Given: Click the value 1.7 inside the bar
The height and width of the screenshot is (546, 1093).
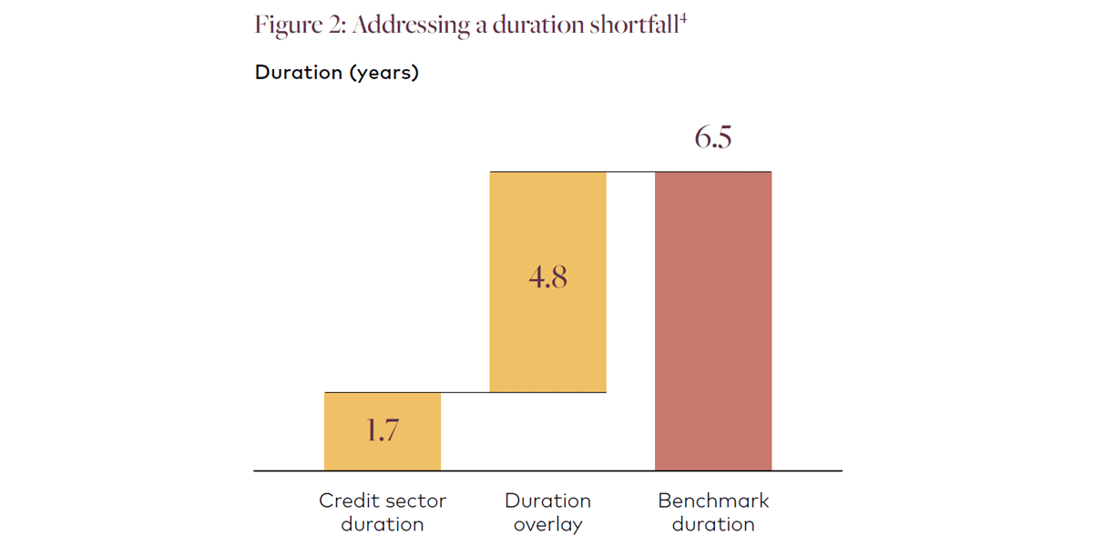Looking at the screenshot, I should (383, 430).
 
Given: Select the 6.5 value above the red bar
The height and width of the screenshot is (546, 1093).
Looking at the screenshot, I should (713, 138).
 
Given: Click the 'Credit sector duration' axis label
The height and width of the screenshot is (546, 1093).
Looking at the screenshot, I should (383, 512).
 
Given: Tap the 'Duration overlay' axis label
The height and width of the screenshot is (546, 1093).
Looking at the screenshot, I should (547, 512).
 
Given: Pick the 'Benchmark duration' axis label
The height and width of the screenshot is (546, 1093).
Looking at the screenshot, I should (713, 512).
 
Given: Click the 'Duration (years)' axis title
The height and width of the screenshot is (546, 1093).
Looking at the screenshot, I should (337, 73).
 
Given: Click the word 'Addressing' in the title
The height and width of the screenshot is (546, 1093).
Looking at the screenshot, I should (411, 25).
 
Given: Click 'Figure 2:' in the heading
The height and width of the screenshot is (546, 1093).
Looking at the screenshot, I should (299, 25).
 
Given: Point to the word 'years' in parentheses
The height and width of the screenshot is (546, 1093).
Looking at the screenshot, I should (383, 73).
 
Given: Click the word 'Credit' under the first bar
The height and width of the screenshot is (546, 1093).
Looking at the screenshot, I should (344, 500).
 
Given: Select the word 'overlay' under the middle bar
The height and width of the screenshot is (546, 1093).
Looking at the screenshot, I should (547, 524).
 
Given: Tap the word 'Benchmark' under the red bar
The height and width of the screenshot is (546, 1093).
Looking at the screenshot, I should (713, 500).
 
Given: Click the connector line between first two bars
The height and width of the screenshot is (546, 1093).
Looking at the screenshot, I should (465, 392).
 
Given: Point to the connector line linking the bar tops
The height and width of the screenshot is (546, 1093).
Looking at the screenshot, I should (630, 172).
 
